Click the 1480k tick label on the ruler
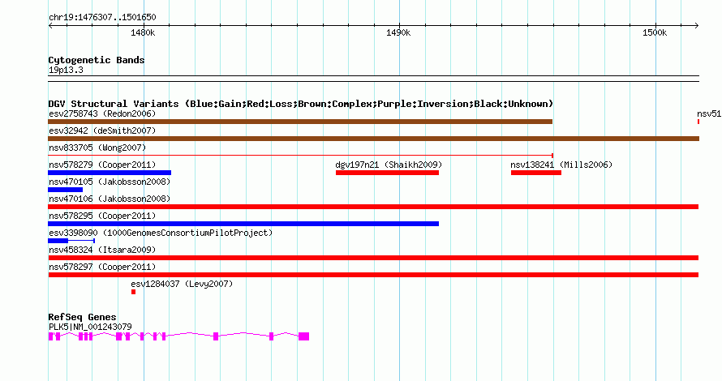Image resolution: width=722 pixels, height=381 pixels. pyautogui.click(x=143, y=32)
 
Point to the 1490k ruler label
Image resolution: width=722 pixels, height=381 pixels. pyautogui.click(x=398, y=32)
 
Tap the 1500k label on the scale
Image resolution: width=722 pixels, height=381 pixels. pyautogui.click(x=655, y=32)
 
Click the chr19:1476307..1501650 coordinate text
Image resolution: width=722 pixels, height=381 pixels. pyautogui.click(x=102, y=18)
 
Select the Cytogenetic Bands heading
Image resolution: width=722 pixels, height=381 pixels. pyautogui.click(x=97, y=60)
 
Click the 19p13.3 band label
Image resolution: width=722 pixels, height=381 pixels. pyautogui.click(x=66, y=70)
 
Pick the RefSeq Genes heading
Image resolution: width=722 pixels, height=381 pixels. pyautogui.click(x=82, y=317)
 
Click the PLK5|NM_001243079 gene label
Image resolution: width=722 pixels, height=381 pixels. pyautogui.click(x=90, y=327)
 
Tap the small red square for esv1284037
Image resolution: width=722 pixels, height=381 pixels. pyautogui.click(x=134, y=292)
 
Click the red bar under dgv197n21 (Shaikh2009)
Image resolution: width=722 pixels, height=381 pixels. pyautogui.click(x=387, y=173)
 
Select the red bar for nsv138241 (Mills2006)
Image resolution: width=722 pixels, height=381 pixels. pyautogui.click(x=536, y=173)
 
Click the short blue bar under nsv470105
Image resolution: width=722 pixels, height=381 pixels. pyautogui.click(x=66, y=190)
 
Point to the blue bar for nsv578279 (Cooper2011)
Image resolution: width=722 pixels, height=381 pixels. pyautogui.click(x=110, y=173)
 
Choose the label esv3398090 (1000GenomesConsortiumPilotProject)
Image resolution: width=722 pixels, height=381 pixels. pyautogui.click(x=161, y=233)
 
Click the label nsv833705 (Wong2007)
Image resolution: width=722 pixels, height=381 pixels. pyautogui.click(x=97, y=148)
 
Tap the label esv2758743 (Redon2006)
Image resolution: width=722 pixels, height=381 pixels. pyautogui.click(x=102, y=113)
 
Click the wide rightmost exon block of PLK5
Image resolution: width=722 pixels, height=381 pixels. pyautogui.click(x=304, y=336)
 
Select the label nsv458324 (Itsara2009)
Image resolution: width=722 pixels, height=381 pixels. pyautogui.click(x=102, y=250)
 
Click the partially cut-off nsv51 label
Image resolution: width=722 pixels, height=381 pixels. pyautogui.click(x=709, y=113)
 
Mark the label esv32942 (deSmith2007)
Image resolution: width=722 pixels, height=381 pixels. pyautogui.click(x=102, y=131)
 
